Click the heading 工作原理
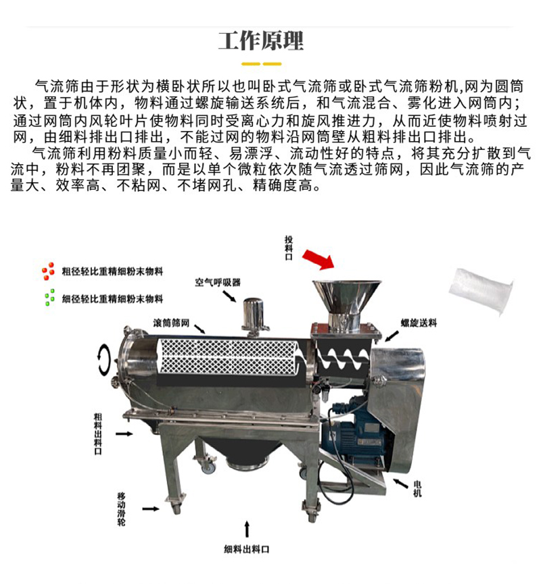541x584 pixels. coord(261,41)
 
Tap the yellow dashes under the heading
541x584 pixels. coord(261,64)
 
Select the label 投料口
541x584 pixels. coord(289,248)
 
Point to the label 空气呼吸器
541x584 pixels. coord(218,282)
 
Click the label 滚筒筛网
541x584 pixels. coord(171,323)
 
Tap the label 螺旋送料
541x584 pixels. coord(419,323)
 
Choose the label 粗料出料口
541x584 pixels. coord(98,433)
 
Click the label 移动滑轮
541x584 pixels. coord(122,509)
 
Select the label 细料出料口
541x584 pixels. coord(246,549)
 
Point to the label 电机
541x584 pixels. coord(417,489)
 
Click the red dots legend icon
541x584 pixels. coord(49,271)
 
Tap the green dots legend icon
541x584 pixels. coord(49,298)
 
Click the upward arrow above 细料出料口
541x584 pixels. coord(247,529)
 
